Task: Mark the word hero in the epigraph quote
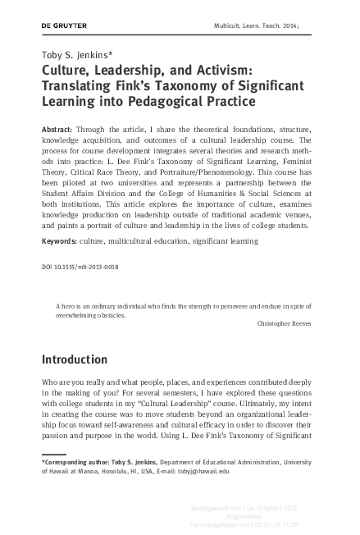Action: pyautogui.click(x=69, y=304)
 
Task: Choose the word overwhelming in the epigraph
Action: pyautogui.click(x=80, y=313)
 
